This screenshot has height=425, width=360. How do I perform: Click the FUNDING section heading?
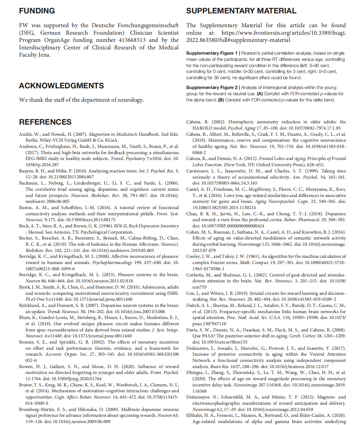[x=37, y=11]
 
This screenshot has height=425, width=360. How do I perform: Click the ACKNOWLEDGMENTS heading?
[x=62, y=86]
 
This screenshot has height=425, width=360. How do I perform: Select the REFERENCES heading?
[x=45, y=122]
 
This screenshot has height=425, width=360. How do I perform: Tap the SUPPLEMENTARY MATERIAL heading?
[x=241, y=11]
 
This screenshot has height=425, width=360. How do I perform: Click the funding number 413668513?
[x=132, y=40]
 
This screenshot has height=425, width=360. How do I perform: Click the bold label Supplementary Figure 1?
[x=212, y=53]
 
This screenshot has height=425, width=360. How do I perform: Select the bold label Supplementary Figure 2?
[x=212, y=87]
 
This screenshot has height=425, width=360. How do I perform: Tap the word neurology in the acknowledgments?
[x=130, y=100]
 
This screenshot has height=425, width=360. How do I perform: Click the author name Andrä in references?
[x=25, y=134]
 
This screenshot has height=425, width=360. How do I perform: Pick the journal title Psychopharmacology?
[x=112, y=263]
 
